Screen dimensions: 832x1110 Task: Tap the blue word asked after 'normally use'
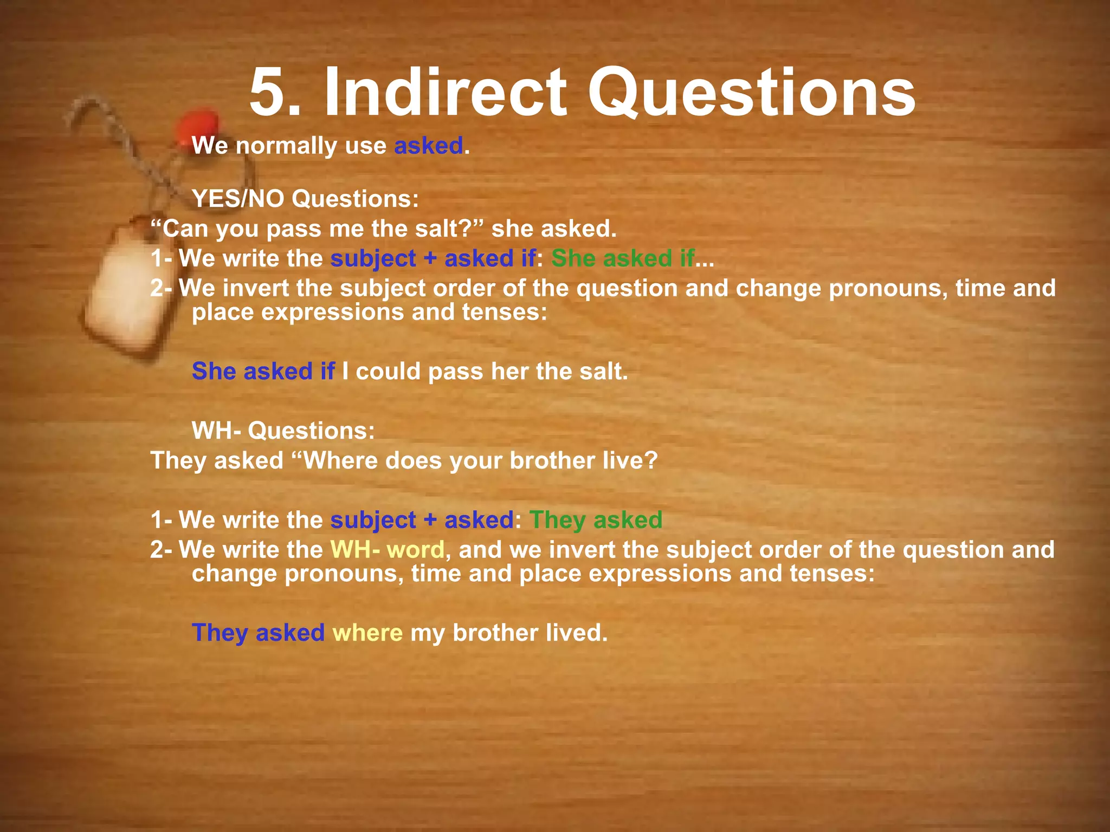428,146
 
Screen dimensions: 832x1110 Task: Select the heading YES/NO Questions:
306,199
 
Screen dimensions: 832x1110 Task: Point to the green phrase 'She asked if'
622,258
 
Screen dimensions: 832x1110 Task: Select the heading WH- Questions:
283,431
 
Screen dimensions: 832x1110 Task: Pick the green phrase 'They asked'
596,520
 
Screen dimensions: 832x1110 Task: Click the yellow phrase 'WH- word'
388,550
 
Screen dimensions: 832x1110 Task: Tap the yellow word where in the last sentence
367,633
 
